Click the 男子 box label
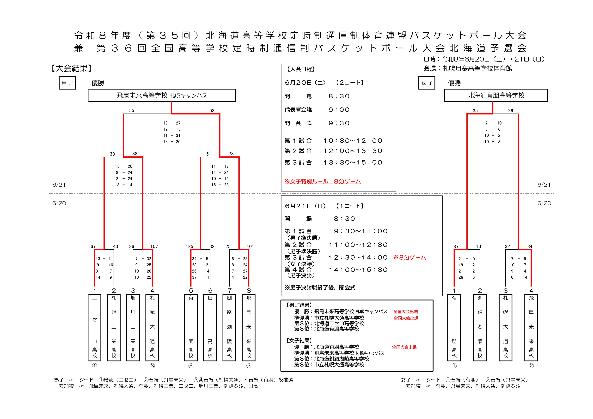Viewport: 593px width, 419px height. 67,83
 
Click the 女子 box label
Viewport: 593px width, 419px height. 427,83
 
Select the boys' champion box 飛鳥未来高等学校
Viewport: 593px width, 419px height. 162,95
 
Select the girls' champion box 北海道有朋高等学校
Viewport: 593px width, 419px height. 496,95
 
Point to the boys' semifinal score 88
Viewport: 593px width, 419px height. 135,154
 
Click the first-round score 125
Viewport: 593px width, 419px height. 189,246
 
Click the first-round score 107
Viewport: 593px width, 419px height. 154,246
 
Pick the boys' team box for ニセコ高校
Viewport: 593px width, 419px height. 95,328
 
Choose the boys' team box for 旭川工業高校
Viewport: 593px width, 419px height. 133,328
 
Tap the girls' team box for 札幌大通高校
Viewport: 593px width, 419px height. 505,328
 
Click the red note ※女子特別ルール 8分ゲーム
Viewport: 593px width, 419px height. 323,181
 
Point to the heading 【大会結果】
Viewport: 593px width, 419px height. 71,68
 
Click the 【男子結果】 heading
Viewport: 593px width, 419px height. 299,305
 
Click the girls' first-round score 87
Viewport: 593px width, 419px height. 456,246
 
